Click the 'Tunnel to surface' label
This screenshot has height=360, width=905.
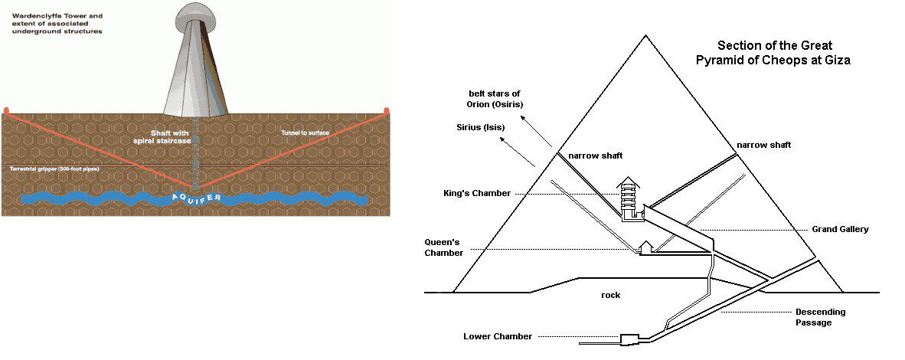(305, 133)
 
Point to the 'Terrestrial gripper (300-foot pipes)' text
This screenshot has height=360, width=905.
(54, 168)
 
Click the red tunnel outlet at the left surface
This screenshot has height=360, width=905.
(6, 111)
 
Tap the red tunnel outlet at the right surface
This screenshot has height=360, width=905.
(386, 111)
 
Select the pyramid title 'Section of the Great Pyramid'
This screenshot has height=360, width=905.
(773, 52)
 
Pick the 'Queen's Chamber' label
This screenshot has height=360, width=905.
(444, 247)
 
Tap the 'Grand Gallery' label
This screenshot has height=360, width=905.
(840, 229)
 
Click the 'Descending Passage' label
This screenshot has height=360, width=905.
(820, 317)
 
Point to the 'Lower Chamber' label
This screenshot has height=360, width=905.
(498, 336)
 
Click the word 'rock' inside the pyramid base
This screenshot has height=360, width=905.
(610, 293)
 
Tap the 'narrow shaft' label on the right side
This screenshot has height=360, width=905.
(763, 145)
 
